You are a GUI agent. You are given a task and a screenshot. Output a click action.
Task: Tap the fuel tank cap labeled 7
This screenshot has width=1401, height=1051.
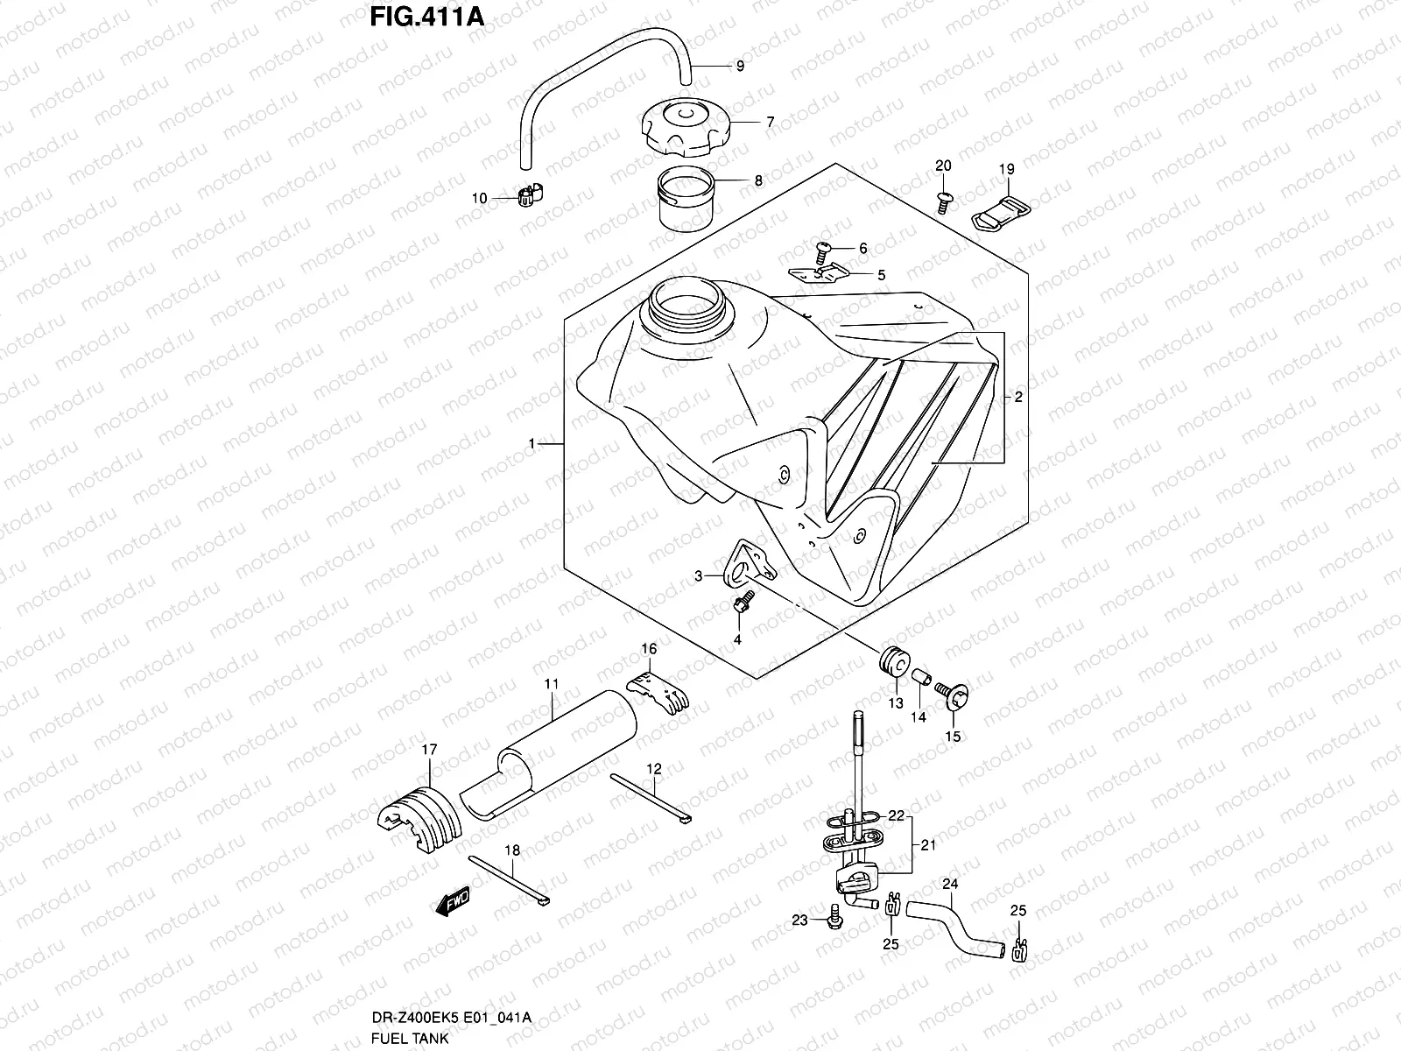click(685, 130)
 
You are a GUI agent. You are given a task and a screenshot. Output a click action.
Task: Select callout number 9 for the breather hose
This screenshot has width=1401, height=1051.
click(740, 66)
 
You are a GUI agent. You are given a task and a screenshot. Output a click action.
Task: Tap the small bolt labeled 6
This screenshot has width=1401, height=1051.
click(824, 250)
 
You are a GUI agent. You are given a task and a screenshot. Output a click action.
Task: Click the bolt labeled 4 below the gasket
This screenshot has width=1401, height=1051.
click(742, 604)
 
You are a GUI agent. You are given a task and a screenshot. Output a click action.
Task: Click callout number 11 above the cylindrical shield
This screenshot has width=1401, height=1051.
click(552, 681)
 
